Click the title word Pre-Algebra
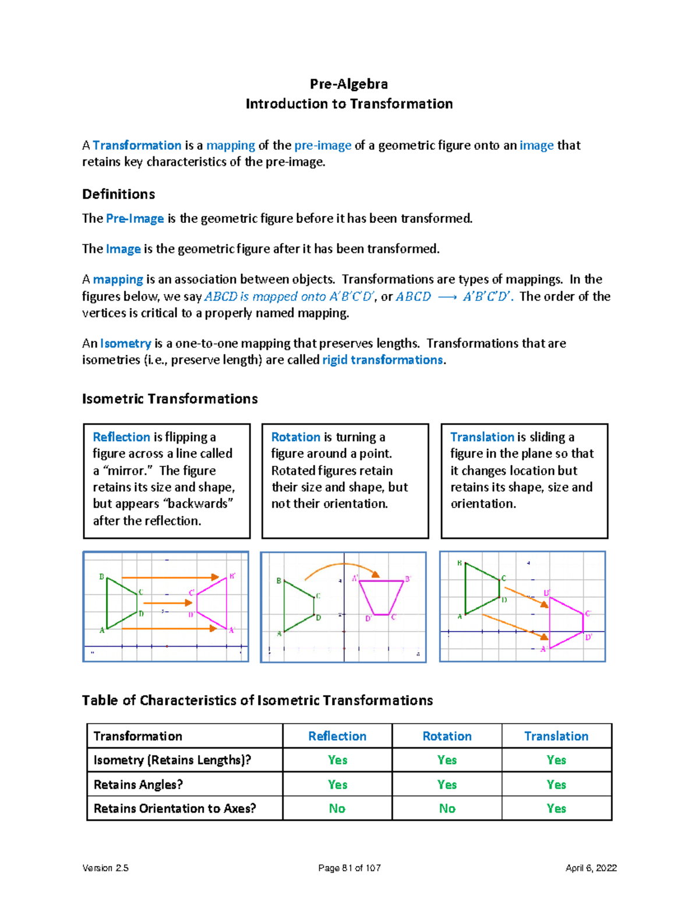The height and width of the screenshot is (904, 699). point(348,84)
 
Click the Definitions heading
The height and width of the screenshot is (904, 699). point(118,194)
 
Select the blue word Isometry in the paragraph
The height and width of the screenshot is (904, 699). point(125,343)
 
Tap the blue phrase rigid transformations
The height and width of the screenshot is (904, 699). point(382,360)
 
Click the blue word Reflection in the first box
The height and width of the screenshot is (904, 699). point(121,437)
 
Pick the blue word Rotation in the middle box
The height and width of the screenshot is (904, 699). point(295,437)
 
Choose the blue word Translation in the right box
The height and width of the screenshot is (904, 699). point(482,437)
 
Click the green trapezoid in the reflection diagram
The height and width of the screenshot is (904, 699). point(119,602)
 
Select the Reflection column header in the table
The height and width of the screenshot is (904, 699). point(337,736)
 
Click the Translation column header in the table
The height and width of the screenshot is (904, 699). point(556,736)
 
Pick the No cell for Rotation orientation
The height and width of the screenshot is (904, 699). point(447,809)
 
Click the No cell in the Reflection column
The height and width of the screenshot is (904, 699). point(337,809)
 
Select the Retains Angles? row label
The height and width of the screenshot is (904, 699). point(138,785)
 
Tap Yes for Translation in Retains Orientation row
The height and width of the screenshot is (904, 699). point(556,809)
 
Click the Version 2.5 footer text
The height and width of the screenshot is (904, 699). point(105,868)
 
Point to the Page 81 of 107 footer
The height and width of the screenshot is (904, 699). point(349,868)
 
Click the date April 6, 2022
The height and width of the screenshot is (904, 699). point(591,868)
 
